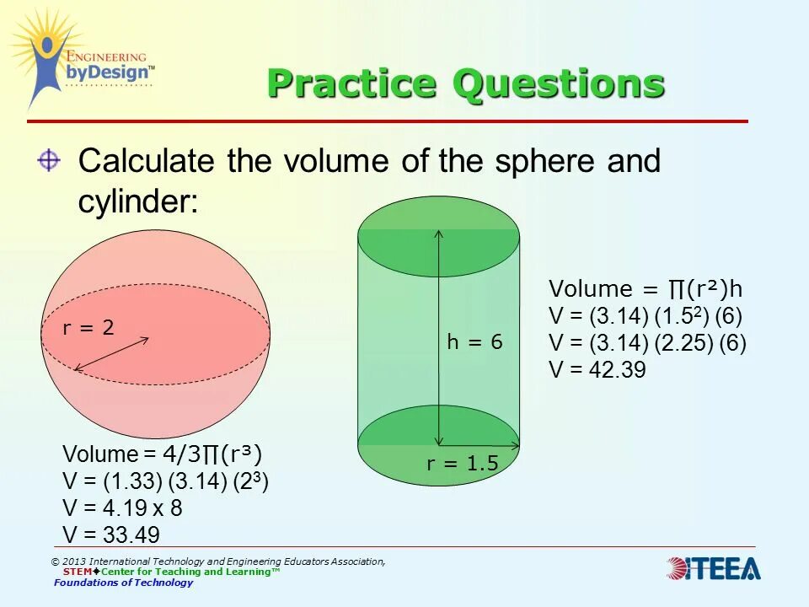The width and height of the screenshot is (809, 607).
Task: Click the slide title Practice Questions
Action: pos(465,84)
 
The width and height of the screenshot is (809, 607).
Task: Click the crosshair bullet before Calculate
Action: pos(49,160)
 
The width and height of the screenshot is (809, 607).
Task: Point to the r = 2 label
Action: pos(88,328)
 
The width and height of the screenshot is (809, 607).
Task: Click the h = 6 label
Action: pos(474,341)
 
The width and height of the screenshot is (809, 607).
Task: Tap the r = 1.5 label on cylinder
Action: pos(463,463)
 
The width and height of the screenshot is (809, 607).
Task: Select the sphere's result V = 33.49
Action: pos(111,534)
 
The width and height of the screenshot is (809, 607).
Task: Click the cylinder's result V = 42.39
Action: pos(597,369)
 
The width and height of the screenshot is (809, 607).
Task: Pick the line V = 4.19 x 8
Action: pos(122,508)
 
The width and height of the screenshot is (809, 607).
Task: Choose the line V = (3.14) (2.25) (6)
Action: pos(647,343)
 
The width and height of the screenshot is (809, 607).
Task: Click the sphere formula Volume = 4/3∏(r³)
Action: pos(163,455)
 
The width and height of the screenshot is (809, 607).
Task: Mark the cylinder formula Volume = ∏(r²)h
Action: pos(646,289)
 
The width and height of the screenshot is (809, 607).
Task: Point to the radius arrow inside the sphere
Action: pos(111,354)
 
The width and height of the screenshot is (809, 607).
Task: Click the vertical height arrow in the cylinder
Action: pos(438,337)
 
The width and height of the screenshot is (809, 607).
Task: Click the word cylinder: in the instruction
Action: pos(138,201)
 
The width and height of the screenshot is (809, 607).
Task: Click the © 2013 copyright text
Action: pos(217,561)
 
